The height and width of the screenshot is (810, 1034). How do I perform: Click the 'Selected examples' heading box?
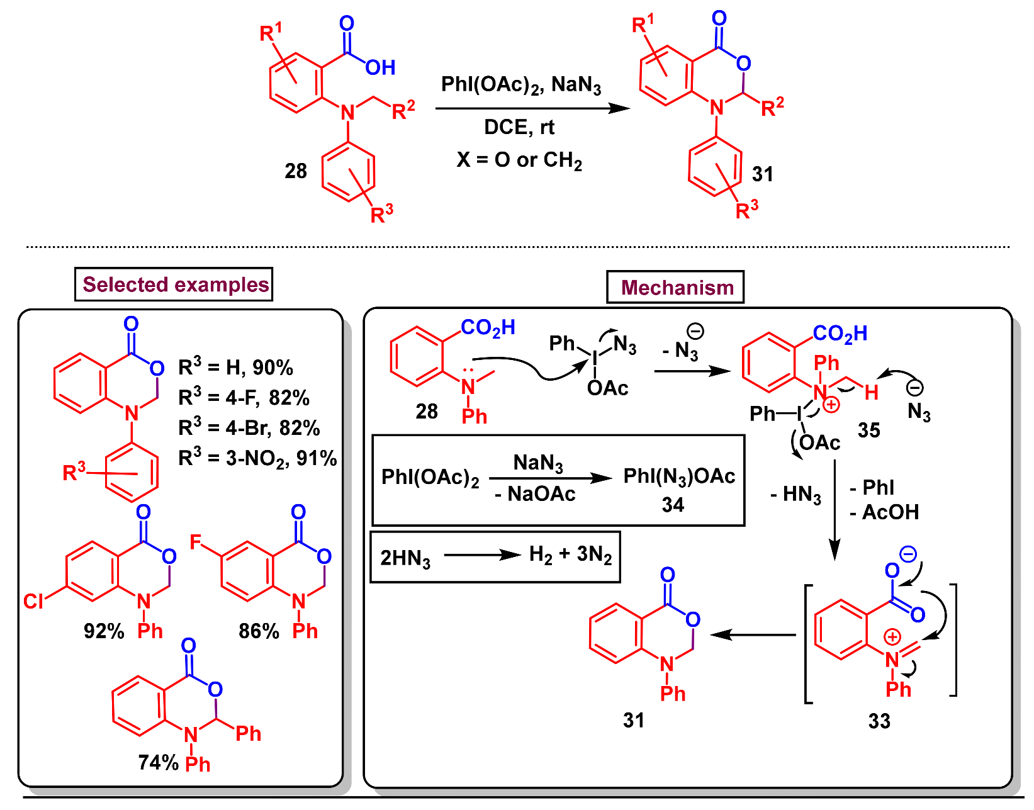tap(174, 284)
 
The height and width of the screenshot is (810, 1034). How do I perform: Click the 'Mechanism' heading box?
tap(675, 288)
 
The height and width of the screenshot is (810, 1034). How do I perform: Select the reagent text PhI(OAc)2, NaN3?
tap(520, 84)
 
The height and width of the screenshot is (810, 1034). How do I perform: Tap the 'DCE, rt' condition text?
tap(519, 127)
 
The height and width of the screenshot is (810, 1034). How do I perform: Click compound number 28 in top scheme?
tap(295, 171)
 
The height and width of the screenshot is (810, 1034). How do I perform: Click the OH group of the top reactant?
tap(380, 68)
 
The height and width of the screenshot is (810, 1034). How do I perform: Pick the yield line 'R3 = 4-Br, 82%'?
tap(249, 428)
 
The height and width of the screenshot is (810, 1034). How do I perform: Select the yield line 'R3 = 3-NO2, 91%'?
tap(257, 458)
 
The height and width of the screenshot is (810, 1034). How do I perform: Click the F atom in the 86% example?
tap(195, 542)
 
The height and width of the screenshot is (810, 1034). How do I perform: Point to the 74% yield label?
tap(159, 762)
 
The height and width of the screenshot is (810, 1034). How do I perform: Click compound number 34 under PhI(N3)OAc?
tap(672, 505)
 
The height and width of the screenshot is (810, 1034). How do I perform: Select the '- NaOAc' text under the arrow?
tap(535, 494)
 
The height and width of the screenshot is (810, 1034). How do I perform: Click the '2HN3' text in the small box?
tap(405, 558)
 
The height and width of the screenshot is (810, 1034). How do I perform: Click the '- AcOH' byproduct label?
tap(884, 512)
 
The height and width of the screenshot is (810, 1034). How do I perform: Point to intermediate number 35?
tap(868, 430)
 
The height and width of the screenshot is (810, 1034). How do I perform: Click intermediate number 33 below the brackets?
tap(879, 721)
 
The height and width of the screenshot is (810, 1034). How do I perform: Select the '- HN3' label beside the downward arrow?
tap(795, 495)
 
